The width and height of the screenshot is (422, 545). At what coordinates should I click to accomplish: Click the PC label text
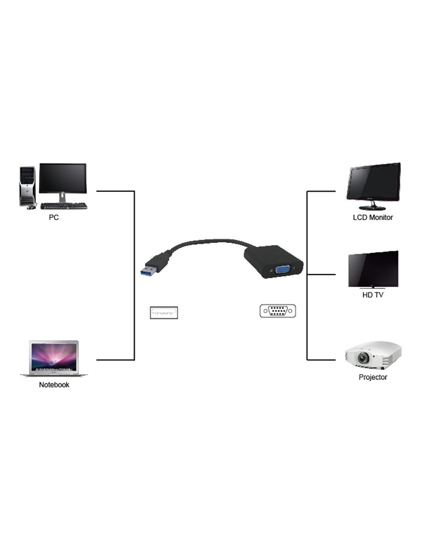(x=54, y=217)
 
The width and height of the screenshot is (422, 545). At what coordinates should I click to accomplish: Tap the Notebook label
(x=54, y=385)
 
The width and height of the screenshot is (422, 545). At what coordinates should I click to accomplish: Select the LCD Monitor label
(x=373, y=217)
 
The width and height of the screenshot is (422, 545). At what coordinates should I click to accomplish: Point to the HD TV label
(x=373, y=295)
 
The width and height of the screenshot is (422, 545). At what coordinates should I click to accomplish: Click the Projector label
(x=373, y=377)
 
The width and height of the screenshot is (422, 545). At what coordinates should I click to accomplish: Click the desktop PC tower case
(x=27, y=186)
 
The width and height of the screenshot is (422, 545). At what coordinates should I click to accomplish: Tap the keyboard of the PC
(x=64, y=206)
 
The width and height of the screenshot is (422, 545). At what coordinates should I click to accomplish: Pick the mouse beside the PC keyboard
(x=31, y=207)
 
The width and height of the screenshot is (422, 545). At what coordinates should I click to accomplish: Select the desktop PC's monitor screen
(x=63, y=178)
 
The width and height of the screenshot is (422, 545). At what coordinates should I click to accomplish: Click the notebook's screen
(x=54, y=356)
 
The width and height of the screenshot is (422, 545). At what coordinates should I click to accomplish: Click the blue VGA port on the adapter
(x=283, y=271)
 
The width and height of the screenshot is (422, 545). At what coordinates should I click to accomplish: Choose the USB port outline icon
(x=163, y=313)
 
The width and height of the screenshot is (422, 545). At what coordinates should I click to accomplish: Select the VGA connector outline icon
(x=278, y=311)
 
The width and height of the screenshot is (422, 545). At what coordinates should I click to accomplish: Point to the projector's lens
(x=363, y=358)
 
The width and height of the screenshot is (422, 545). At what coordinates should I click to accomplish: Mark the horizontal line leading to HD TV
(x=321, y=274)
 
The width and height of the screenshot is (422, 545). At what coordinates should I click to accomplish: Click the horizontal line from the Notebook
(x=115, y=360)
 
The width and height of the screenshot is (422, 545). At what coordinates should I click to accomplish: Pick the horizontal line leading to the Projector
(x=321, y=360)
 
